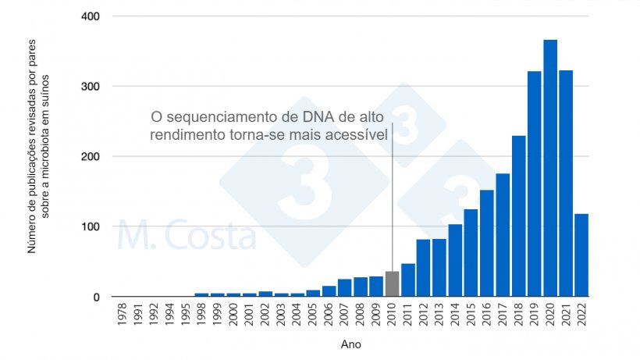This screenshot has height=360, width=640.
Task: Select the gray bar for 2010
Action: click(x=392, y=284)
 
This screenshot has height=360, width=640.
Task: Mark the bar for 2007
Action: click(x=344, y=288)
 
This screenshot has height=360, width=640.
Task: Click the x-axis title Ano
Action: click(x=350, y=344)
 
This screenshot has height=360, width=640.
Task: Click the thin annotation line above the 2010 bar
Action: click(x=392, y=203)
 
